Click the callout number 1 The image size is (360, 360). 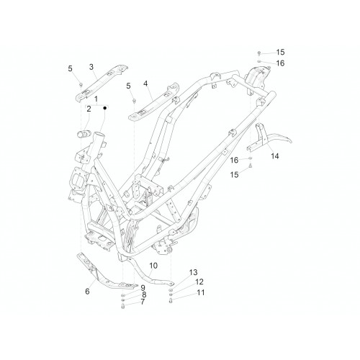pyautogui.click(x=96, y=99)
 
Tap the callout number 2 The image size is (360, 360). pyautogui.click(x=89, y=109)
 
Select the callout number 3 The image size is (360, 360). pyautogui.click(x=91, y=67)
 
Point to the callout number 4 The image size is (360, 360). pyautogui.click(x=145, y=84)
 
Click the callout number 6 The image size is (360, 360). pyautogui.click(x=87, y=291)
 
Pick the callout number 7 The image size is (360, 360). pyautogui.click(x=143, y=302)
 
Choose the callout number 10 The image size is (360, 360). pyautogui.click(x=153, y=266)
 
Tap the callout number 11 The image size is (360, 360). pyautogui.click(x=201, y=292)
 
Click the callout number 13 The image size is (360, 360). pyautogui.click(x=193, y=272)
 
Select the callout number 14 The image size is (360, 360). pyautogui.click(x=275, y=156)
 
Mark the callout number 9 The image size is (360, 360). pyautogui.click(x=143, y=287)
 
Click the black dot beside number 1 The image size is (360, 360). pyautogui.click(x=104, y=108)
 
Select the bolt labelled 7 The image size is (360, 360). pyautogui.click(x=123, y=306)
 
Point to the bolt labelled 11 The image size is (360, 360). pyautogui.click(x=171, y=301)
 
